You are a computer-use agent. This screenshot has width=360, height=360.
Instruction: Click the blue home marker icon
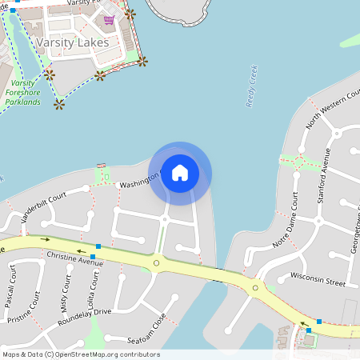180,172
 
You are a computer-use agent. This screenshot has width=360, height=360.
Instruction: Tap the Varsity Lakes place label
73,42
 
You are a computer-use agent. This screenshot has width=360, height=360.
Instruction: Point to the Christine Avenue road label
75,259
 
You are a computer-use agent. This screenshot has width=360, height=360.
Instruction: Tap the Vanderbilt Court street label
44,208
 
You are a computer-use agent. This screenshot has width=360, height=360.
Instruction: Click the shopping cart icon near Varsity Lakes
109,19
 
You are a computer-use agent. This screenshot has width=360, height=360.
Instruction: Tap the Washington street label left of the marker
140,182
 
